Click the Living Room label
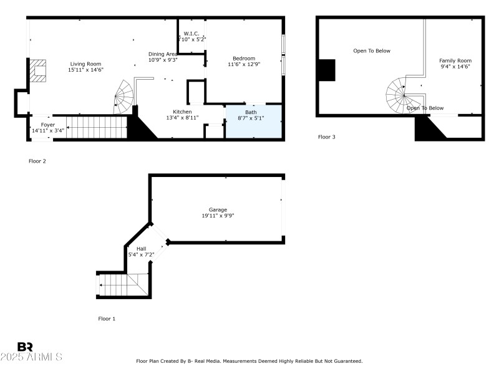coord(85,64)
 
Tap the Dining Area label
coord(163,54)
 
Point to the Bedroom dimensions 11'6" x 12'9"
coord(244,64)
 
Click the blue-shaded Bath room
coord(253,121)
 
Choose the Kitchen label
coord(182,112)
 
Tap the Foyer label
coord(48,125)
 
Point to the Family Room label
coord(455,60)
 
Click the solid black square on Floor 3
coord(326,70)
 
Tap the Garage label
coord(218,210)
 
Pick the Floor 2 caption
coord(37,161)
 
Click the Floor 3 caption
coord(327,137)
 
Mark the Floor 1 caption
coord(107,319)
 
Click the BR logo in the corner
coord(25,347)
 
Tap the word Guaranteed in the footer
coord(346,361)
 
